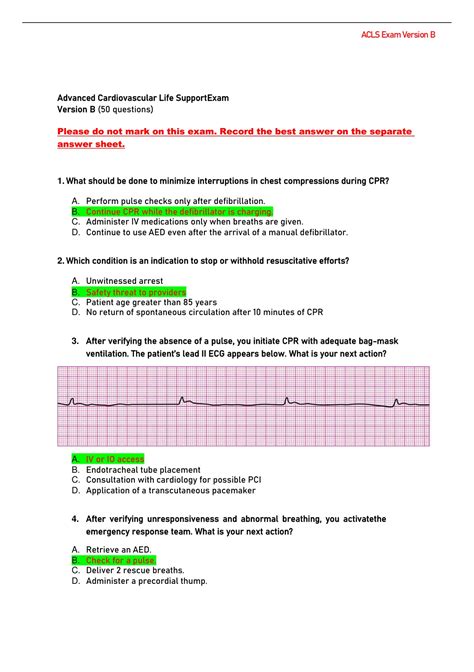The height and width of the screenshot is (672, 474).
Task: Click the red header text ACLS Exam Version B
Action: coord(398,35)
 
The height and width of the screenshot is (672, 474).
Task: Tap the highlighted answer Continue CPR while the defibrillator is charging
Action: coord(173,212)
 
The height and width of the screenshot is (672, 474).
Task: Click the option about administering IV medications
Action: coord(194,222)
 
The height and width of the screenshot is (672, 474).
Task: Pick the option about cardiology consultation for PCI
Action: coord(173,479)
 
